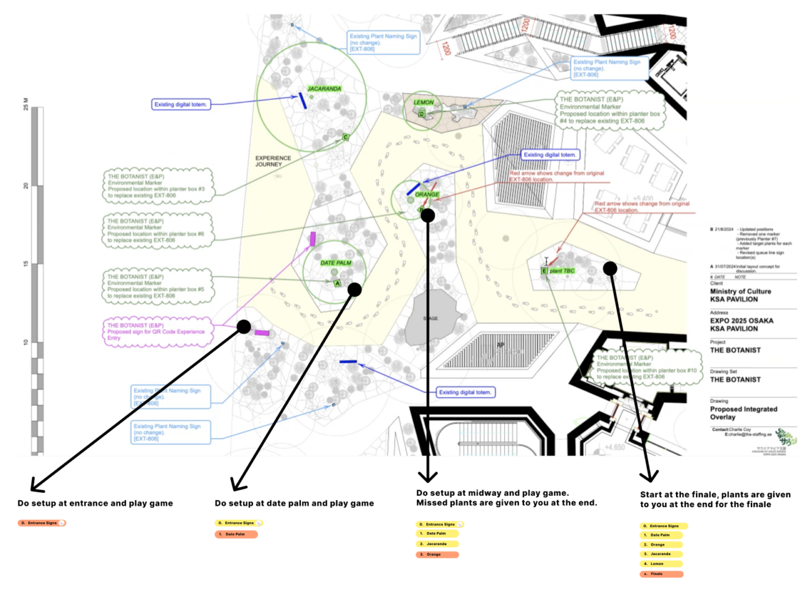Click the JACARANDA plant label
324,89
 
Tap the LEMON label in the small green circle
424,102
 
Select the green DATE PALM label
336,263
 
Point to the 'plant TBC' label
562,271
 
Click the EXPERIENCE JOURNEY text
273,161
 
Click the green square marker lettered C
346,137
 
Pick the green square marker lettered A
338,283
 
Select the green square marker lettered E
544,271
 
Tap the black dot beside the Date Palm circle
355,289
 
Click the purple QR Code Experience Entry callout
156,332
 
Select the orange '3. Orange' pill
437,555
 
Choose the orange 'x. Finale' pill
661,574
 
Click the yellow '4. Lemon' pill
661,564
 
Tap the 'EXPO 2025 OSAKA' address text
741,321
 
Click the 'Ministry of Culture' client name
740,291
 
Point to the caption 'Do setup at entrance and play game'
95,503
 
